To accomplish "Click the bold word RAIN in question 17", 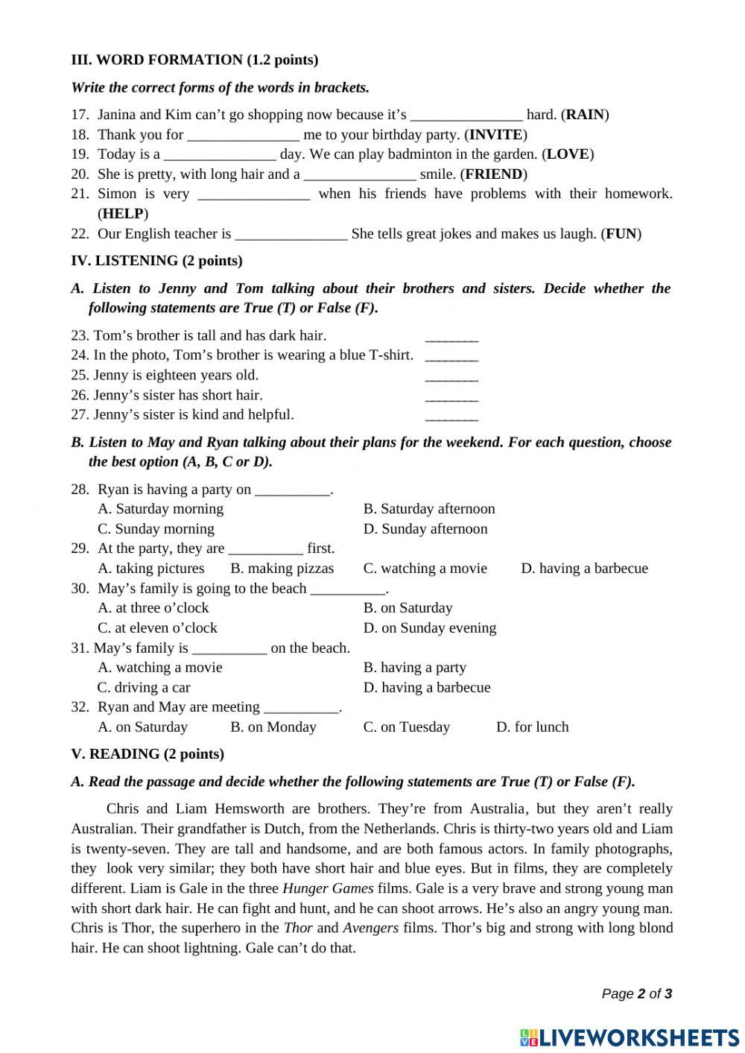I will [586, 114].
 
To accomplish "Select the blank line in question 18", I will [243, 135].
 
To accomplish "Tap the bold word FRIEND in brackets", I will [493, 174].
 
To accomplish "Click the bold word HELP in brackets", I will [123, 213].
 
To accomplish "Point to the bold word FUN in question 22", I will [621, 233].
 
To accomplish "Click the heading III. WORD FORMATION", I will [194, 60].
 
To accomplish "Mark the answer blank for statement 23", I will [451, 336].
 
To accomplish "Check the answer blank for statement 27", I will [451, 415].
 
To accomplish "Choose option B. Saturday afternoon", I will [429, 508].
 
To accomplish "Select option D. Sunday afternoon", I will [425, 528].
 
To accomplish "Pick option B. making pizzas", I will [282, 568].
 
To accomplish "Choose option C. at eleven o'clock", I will [157, 627].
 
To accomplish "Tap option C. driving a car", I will [144, 687].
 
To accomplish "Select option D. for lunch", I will [532, 727].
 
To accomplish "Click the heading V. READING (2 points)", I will [148, 753].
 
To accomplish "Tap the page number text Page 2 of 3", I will [636, 993].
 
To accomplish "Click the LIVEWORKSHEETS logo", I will [630, 1037].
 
